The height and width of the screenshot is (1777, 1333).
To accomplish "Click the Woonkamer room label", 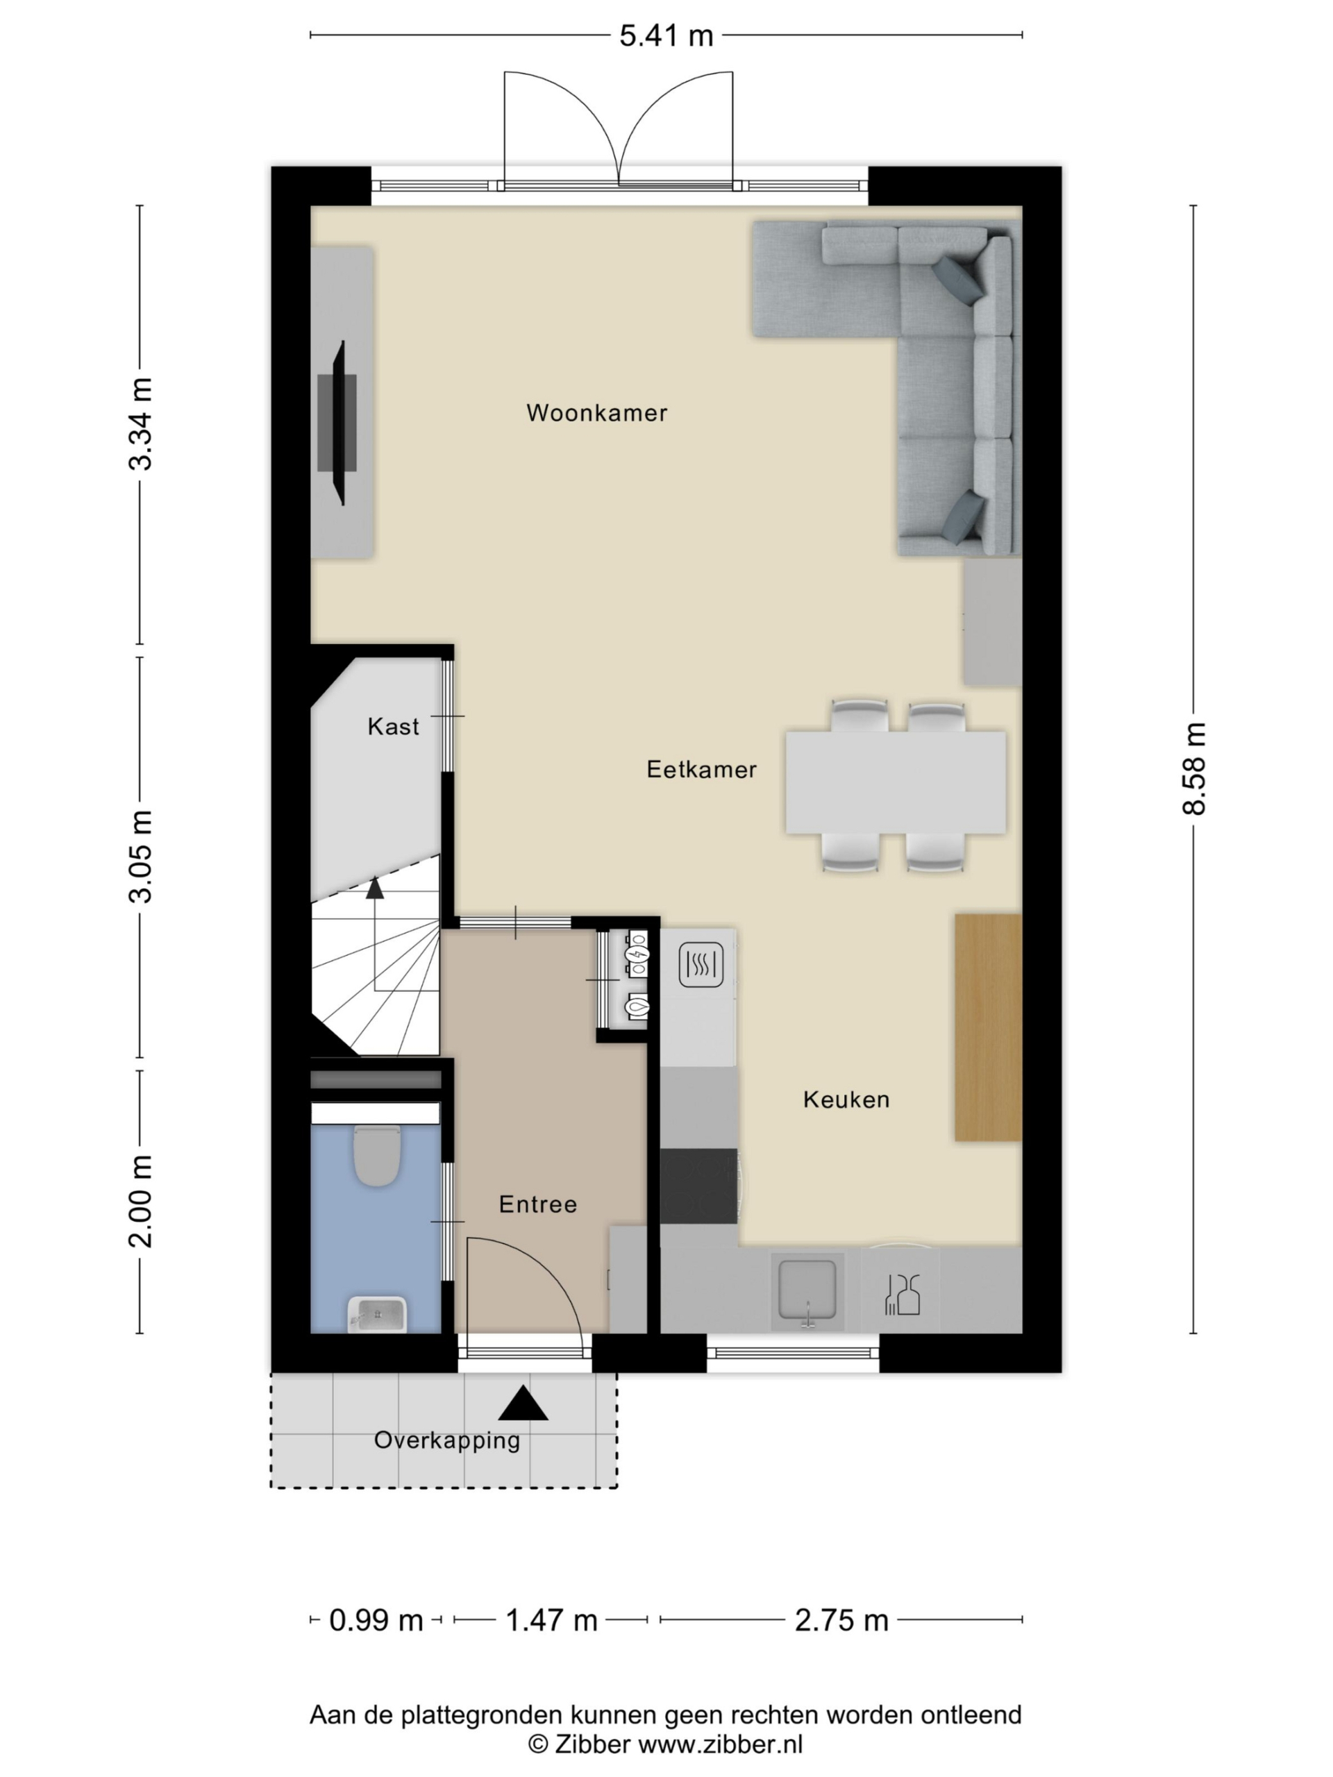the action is click(596, 413).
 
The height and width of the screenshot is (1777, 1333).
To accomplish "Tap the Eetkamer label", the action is click(701, 770).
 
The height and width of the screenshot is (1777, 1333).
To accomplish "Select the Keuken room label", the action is click(846, 1100).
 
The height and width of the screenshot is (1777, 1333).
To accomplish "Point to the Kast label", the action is click(393, 727).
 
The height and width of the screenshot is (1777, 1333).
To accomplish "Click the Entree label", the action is click(537, 1204).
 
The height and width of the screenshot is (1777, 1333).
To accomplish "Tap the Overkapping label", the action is click(446, 1440).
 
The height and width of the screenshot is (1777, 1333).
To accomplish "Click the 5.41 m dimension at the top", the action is click(666, 35).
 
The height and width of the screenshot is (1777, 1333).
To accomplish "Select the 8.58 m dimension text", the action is click(1194, 769).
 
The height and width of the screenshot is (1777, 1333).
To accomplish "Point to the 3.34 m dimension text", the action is click(141, 423).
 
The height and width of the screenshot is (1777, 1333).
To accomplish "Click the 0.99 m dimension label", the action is click(376, 1620).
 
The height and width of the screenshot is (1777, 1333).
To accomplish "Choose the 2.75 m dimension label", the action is click(841, 1620).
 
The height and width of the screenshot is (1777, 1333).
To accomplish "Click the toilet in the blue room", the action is click(377, 1155).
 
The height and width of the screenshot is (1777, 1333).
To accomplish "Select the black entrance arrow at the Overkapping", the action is click(523, 1403).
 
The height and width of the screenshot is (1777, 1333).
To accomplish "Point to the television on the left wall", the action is click(340, 423).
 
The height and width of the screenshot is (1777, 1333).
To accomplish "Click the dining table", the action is click(895, 782).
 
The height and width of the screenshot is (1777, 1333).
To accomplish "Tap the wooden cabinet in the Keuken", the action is click(987, 1027).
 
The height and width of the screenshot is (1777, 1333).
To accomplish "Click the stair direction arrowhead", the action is click(374, 887).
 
